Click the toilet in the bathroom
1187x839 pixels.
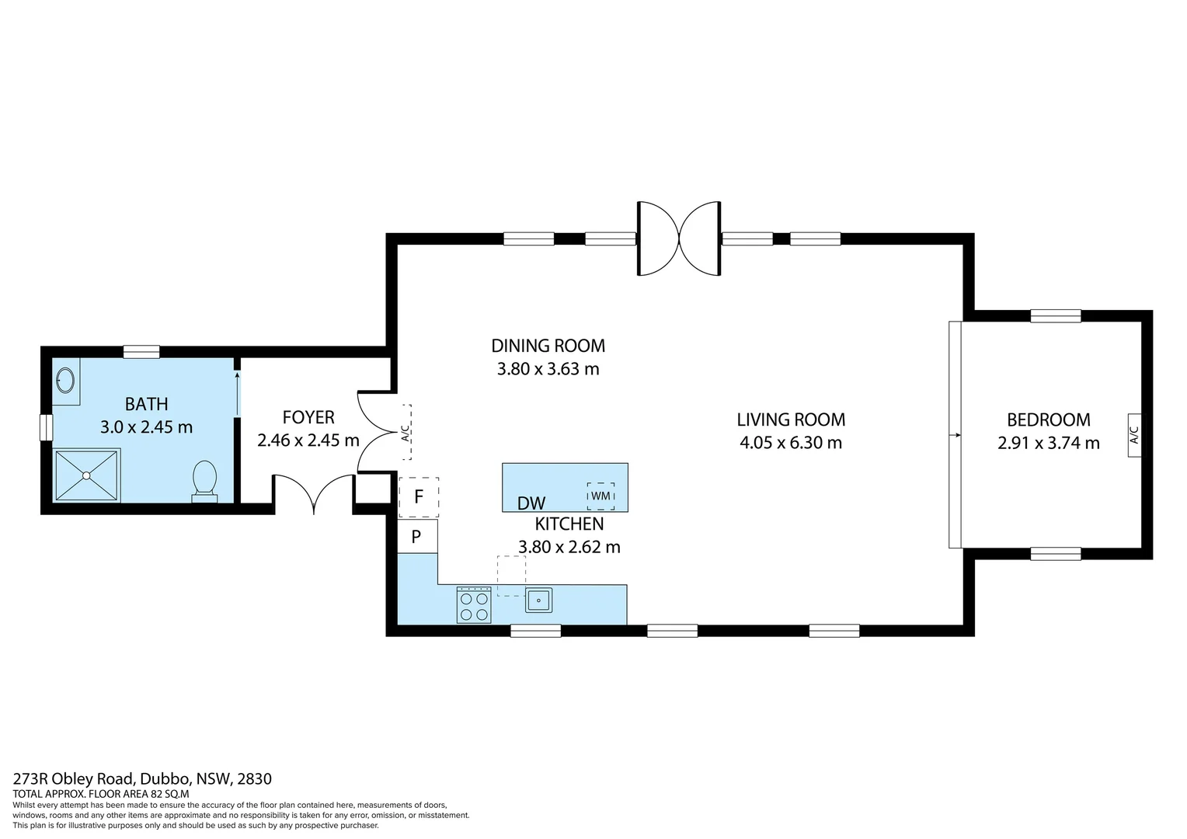pyautogui.click(x=204, y=481)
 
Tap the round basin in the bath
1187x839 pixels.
pyautogui.click(x=65, y=380)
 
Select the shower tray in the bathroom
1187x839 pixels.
pyautogui.click(x=87, y=475)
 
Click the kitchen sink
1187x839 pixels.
pyautogui.click(x=539, y=601)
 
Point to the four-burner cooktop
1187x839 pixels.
pyautogui.click(x=474, y=604)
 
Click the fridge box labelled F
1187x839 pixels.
pyautogui.click(x=419, y=497)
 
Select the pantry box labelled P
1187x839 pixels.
pyautogui.click(x=418, y=536)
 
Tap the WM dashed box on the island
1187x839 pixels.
pyautogui.click(x=601, y=496)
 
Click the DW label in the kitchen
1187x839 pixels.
pyautogui.click(x=531, y=503)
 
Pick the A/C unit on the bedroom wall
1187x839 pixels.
pyautogui.click(x=1134, y=435)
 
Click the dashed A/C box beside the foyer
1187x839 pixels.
pyautogui.click(x=406, y=433)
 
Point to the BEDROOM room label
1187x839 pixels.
pyautogui.click(x=1049, y=419)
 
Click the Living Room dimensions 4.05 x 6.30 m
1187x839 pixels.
pyautogui.click(x=791, y=443)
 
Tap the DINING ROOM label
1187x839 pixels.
pyautogui.click(x=548, y=346)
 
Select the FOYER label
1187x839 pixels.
pyautogui.click(x=308, y=418)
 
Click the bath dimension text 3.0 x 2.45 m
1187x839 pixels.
pyautogui.click(x=146, y=426)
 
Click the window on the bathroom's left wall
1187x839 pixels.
pyautogui.click(x=47, y=427)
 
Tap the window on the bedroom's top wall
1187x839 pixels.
pyautogui.click(x=1056, y=316)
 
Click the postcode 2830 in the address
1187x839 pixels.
pyautogui.click(x=254, y=778)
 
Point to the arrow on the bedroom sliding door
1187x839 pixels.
pyautogui.click(x=955, y=435)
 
